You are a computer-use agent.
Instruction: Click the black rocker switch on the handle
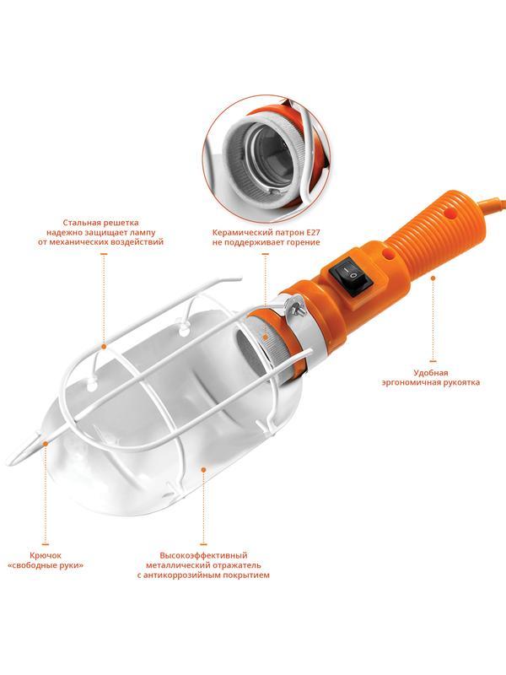point(350,277)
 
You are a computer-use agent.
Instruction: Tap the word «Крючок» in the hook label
point(46,555)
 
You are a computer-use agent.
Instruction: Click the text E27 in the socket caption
point(312,233)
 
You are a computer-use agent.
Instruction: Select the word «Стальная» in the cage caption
point(81,223)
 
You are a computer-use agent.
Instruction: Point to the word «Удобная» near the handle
point(431,373)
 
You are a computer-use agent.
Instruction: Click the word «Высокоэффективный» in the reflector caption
point(203,555)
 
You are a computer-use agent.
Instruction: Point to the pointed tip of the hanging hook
point(9,464)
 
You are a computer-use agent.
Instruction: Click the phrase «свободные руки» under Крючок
point(46,565)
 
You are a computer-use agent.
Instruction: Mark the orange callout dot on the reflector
point(203,470)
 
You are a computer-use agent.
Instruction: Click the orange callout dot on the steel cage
point(104,346)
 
